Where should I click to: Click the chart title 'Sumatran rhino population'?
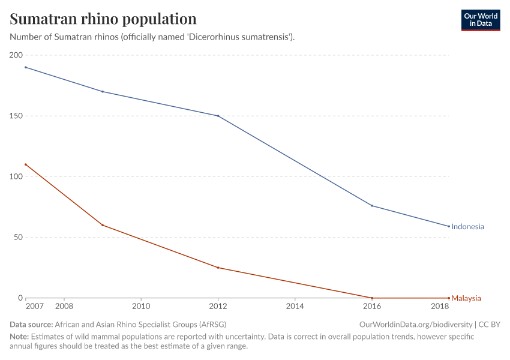[x=103, y=19]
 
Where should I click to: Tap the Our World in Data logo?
[x=480, y=20]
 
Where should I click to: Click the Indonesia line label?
[x=467, y=227]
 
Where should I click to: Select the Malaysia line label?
[x=466, y=298]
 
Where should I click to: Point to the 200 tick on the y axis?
[x=16, y=55]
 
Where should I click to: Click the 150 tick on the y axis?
[x=16, y=116]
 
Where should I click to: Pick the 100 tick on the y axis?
[x=16, y=176]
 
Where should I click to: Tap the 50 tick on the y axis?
[x=17, y=237]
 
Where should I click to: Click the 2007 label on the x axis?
[x=35, y=307]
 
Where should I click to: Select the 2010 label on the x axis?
[x=141, y=307]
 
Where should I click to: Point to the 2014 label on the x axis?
[x=295, y=307]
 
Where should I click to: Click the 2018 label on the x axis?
[x=440, y=307]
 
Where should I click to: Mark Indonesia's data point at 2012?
[x=218, y=116]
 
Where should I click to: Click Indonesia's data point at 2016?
[x=372, y=206]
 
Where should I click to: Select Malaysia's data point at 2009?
[x=103, y=225]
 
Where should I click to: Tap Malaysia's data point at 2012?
[x=218, y=268]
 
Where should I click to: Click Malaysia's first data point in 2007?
[x=26, y=164]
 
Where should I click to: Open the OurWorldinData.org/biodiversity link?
[x=415, y=324]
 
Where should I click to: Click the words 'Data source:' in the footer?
[x=31, y=324]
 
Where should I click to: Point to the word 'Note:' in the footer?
[x=19, y=337]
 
